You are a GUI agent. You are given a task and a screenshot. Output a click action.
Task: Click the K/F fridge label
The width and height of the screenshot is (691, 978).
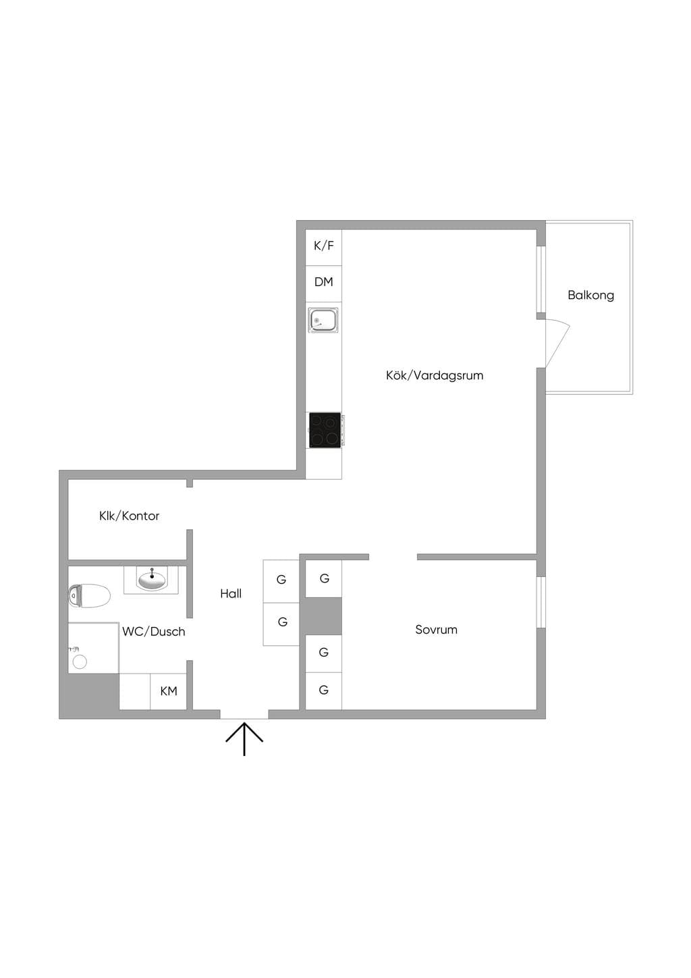pos(323,246)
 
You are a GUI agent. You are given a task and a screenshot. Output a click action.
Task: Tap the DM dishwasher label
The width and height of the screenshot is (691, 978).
pos(323,282)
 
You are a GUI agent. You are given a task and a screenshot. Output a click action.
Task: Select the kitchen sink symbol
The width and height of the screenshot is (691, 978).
pos(323,320)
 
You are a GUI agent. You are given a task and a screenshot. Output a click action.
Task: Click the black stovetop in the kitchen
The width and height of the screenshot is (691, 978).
pos(325,430)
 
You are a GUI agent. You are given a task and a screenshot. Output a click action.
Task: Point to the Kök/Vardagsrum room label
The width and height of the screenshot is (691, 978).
pos(435,375)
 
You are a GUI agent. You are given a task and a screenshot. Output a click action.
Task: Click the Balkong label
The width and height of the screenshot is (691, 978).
pos(590,296)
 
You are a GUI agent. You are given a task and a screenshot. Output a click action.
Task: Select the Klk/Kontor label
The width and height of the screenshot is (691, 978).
pos(129,516)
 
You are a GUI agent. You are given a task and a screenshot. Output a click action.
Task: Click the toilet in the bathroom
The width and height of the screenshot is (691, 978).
pos(89,595)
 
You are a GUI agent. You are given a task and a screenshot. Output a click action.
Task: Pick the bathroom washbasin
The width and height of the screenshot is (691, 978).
pos(151,579)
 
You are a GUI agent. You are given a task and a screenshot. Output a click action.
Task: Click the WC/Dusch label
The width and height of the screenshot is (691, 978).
pos(154,632)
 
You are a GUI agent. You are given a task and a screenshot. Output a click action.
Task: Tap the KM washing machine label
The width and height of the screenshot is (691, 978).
pos(169,691)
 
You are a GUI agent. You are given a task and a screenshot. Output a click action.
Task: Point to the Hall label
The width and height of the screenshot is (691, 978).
pos(231,593)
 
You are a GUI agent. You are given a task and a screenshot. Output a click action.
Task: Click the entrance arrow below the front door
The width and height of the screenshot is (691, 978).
pos(244,739)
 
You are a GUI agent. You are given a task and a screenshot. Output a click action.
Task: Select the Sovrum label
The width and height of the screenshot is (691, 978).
pos(436,630)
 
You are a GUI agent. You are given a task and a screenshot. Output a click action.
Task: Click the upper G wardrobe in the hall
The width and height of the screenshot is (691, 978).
pos(281,581)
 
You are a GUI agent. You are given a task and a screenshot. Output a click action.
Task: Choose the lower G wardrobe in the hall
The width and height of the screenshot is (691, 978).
pos(281,624)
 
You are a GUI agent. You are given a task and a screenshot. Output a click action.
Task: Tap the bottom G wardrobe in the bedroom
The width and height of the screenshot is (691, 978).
pos(323,690)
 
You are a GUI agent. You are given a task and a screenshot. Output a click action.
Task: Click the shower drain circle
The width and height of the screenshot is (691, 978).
pos(80,662)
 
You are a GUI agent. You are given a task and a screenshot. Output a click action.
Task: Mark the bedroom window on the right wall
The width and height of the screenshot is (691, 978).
pos(541,602)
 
